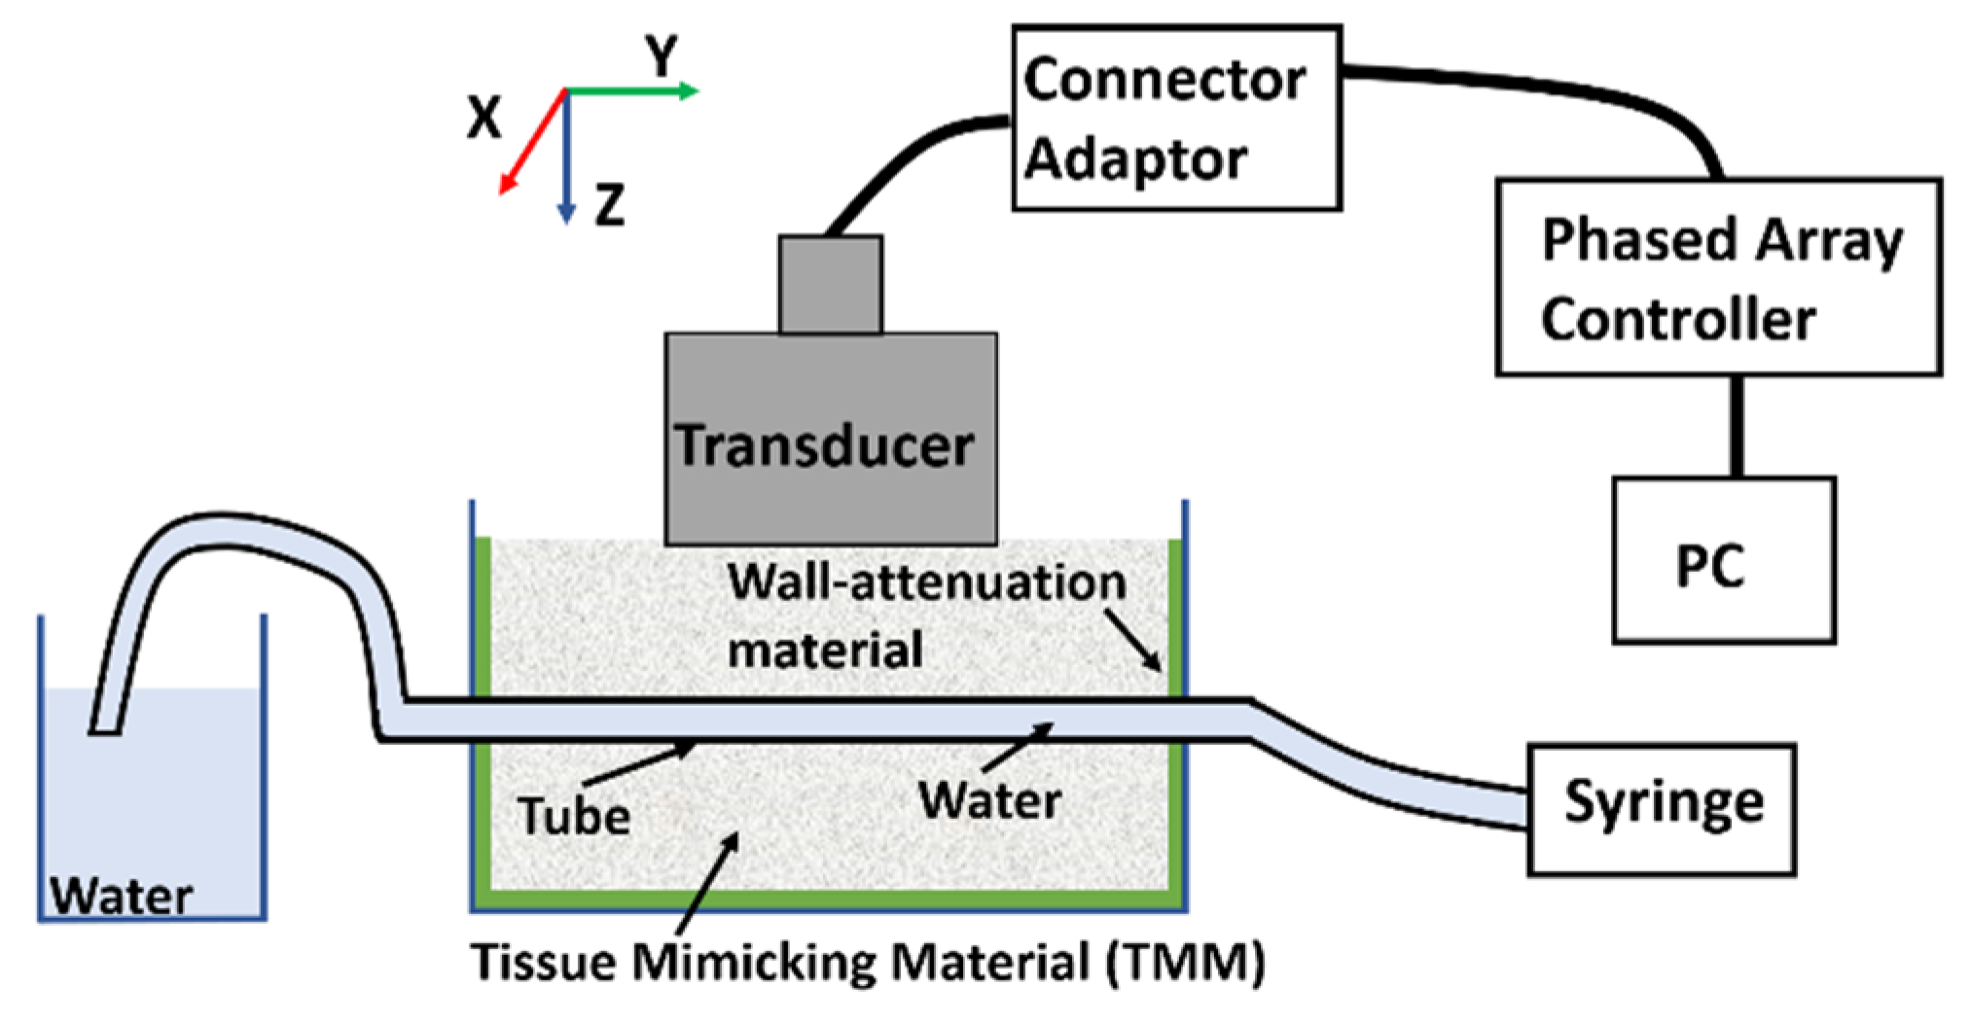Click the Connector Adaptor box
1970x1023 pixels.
coord(1176,118)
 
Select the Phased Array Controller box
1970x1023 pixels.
coord(1718,277)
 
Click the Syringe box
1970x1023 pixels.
coord(1661,808)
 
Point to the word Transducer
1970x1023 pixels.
coord(825,445)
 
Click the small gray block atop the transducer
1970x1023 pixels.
coord(830,284)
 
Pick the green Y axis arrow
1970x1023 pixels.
coord(632,91)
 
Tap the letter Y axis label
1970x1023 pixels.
coord(663,55)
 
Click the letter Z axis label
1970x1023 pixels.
coord(609,205)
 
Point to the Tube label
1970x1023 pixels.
coord(574,815)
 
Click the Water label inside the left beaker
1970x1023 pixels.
coord(121,896)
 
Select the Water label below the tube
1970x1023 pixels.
coord(989,800)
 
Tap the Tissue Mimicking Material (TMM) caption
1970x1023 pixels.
coord(868,963)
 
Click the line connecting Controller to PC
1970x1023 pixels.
coord(1737,426)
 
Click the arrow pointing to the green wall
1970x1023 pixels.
coord(1133,641)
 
